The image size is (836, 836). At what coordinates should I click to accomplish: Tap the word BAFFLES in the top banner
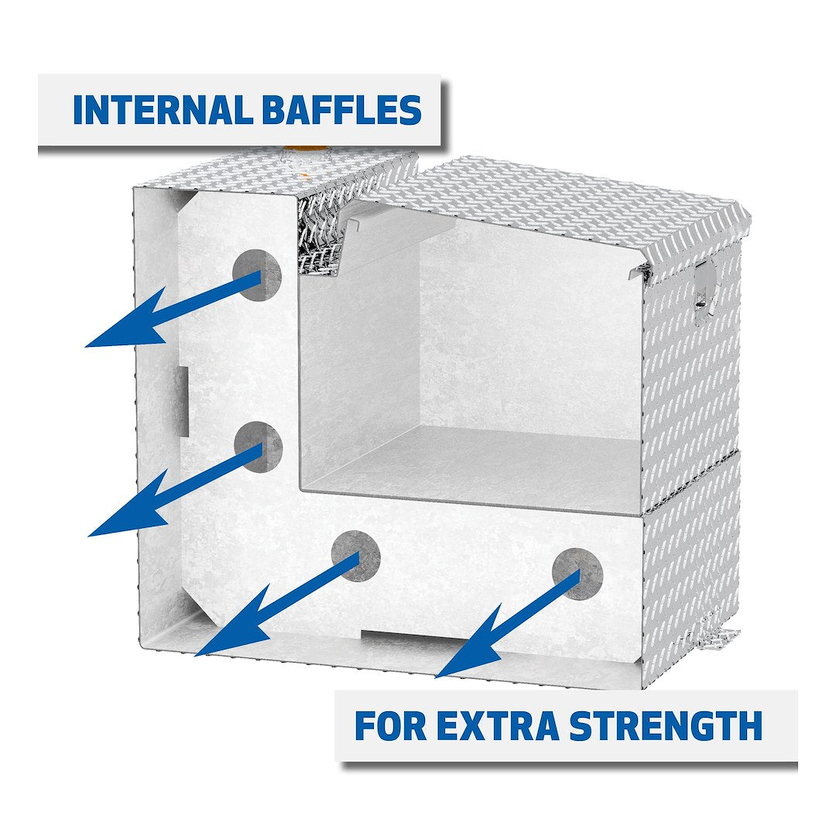tap(341, 111)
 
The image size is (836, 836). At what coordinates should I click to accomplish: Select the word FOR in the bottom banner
tap(390, 726)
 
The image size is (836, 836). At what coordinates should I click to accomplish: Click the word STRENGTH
tap(666, 726)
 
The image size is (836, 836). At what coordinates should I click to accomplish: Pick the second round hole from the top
tap(259, 446)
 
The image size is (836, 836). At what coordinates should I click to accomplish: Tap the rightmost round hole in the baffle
tap(577, 573)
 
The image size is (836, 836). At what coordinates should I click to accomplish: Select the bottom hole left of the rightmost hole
tap(356, 556)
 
